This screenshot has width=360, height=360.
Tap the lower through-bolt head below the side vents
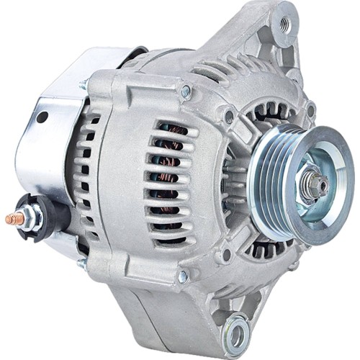pos(183,275)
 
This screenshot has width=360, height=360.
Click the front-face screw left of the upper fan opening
pos(229,115)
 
